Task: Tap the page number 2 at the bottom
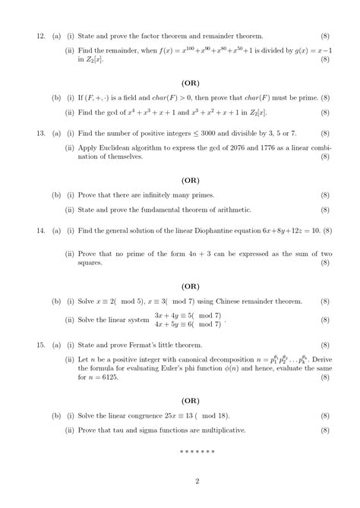[197, 481]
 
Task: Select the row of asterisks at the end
[197, 452]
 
